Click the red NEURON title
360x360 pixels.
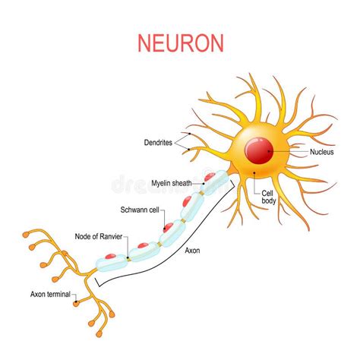pos(181,43)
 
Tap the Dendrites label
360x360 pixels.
pos(158,143)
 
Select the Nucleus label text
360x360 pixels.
pos(322,152)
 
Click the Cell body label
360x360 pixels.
pos(268,197)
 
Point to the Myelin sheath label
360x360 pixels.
pos(172,183)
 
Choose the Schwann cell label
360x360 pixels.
pos(140,210)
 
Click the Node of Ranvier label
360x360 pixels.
pos(99,236)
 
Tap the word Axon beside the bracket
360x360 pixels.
pos(192,251)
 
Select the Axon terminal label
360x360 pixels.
pos(50,294)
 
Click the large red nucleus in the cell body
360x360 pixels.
pos(259,150)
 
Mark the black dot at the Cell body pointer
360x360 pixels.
pos(254,172)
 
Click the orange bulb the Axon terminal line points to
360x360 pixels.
pos(76,303)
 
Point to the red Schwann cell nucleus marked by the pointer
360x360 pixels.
pos(168,227)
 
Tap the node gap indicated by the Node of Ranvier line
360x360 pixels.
pos(128,259)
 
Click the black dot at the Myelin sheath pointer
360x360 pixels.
pos(204,183)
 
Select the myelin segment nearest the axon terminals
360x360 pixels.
pos(112,264)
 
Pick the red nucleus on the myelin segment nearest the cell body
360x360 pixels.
pos(210,176)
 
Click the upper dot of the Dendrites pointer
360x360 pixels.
pos(190,134)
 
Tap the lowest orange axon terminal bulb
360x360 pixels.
pos(99,334)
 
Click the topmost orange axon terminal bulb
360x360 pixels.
pos(26,235)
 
